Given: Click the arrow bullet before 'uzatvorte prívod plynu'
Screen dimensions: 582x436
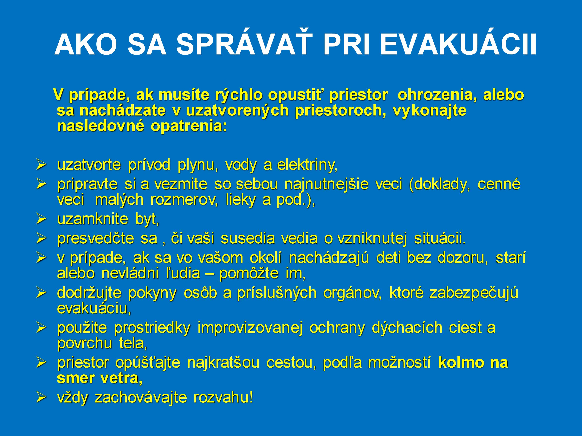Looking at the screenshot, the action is (41, 165).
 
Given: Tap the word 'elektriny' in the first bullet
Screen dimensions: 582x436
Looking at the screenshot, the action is (307, 165).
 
